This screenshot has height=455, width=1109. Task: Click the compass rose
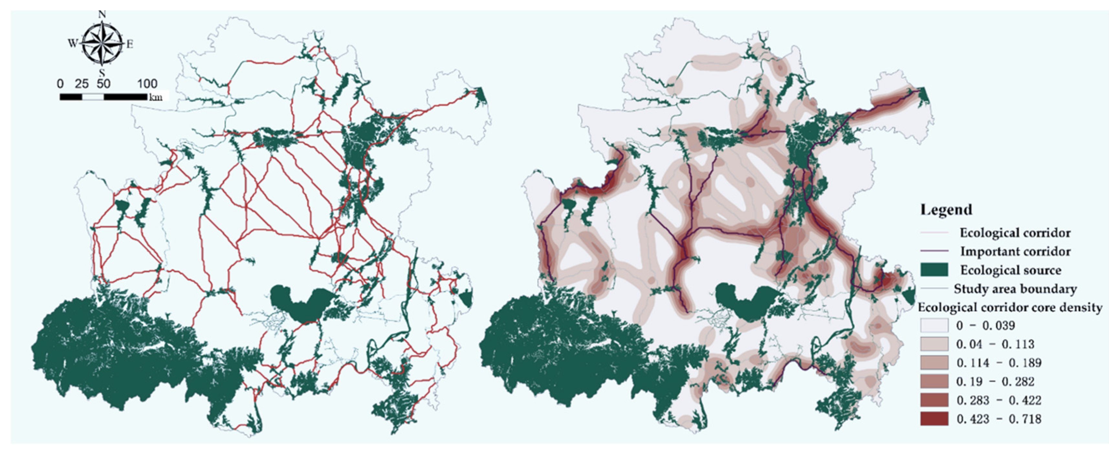[102, 43]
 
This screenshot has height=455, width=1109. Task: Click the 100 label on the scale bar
[147, 83]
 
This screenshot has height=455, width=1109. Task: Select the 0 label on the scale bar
[60, 83]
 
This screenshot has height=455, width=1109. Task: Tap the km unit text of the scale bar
[156, 97]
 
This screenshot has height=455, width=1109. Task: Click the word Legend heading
[946, 210]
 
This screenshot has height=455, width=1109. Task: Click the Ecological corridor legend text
[1015, 233]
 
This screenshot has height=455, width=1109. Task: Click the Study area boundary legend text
[1015, 289]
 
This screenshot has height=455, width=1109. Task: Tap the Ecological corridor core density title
[1010, 308]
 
